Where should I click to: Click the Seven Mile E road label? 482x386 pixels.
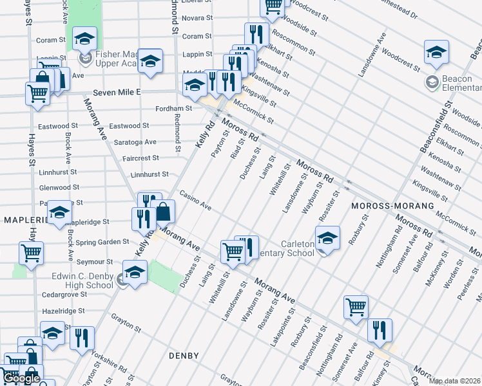tap(116, 93)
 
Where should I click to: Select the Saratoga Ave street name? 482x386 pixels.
tap(136, 142)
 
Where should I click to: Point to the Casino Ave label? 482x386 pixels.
tap(196, 200)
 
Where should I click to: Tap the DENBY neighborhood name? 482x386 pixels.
tap(184, 355)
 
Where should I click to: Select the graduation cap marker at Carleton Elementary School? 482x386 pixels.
tap(327, 238)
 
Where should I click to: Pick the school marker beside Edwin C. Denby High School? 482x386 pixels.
tap(135, 272)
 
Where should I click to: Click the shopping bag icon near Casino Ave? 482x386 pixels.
tap(164, 211)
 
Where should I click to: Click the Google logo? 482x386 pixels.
tap(21, 378)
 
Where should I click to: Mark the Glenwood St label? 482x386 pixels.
tap(59, 187)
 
